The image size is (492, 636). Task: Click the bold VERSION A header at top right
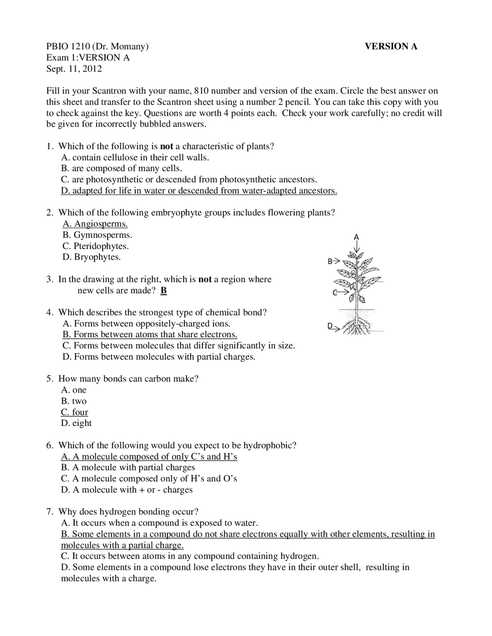(391, 46)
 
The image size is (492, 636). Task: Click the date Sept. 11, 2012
(74, 69)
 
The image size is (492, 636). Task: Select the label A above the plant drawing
(356, 237)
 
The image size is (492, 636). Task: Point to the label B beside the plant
(330, 262)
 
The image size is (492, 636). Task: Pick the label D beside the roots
(330, 326)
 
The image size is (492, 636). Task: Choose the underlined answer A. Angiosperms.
(95, 224)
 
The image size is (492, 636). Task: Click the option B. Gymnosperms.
(97, 235)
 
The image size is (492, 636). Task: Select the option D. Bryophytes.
(91, 257)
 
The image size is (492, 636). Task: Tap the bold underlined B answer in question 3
(164, 290)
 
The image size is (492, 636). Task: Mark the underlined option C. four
(75, 412)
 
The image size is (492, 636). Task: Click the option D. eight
(76, 423)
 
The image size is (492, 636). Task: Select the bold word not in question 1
(166, 146)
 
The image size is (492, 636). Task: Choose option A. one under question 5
(74, 390)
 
